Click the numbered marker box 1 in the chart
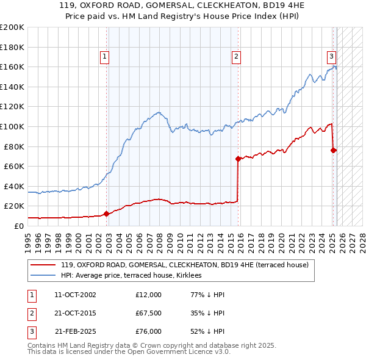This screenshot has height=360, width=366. coord(105,57)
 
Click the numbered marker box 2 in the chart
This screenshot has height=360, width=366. coord(236,57)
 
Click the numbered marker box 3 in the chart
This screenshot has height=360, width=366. coord(331,57)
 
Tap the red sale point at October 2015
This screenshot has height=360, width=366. coord(238,159)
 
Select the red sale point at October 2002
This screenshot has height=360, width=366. coord(107,214)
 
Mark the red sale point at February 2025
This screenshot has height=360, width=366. coord(334,150)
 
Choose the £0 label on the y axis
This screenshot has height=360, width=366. coord(18,226)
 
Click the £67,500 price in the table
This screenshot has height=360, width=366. coord(148,314)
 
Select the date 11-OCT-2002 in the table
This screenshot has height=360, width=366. coord(75,295)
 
